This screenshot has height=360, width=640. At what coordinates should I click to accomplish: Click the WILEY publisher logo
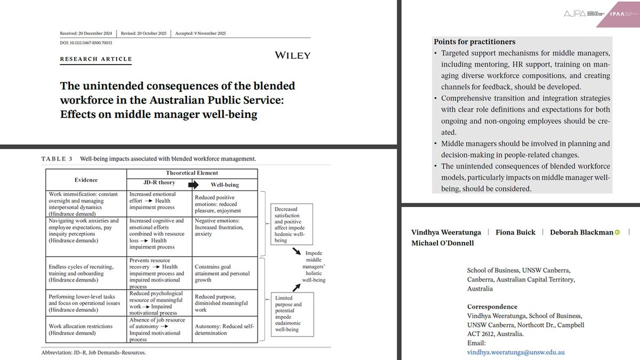click(292, 55)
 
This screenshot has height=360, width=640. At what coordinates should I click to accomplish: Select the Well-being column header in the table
click(224, 185)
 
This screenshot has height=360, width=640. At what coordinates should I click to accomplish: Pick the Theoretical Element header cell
click(192, 173)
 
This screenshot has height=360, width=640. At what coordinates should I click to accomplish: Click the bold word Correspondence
click(492, 307)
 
